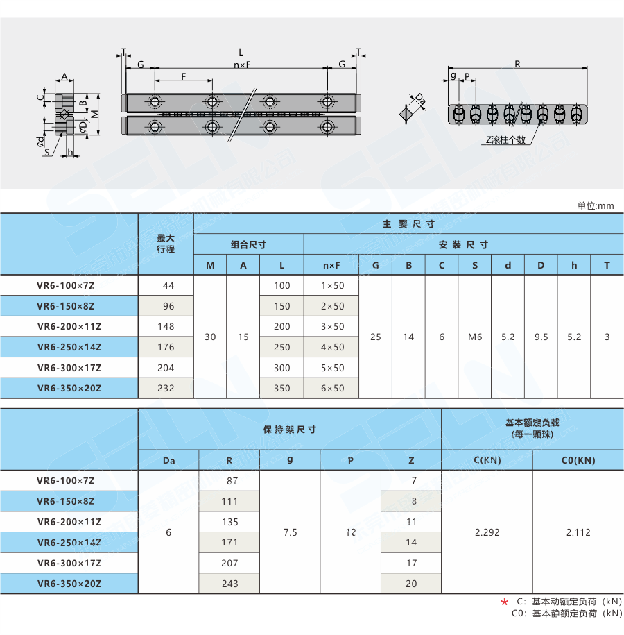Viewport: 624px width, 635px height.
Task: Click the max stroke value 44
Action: pyautogui.click(x=166, y=285)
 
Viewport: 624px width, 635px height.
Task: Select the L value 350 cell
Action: pyautogui.click(x=281, y=388)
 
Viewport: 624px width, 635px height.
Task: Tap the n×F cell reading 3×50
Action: pyautogui.click(x=332, y=326)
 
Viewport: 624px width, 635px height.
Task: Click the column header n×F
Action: pyautogui.click(x=332, y=265)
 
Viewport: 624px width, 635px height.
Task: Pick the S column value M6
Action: pyautogui.click(x=474, y=337)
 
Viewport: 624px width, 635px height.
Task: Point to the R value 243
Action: pyautogui.click(x=229, y=584)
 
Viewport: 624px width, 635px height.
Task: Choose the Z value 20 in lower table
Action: pyautogui.click(x=411, y=584)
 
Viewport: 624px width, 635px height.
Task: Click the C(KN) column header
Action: pyautogui.click(x=487, y=459)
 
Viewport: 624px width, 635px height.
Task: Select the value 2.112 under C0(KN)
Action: pyautogui.click(x=578, y=532)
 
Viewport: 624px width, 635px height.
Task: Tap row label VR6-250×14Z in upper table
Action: pyautogui.click(x=69, y=347)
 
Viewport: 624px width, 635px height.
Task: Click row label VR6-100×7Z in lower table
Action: pyautogui.click(x=69, y=480)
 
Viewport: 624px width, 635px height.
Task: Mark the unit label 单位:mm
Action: pyautogui.click(x=596, y=205)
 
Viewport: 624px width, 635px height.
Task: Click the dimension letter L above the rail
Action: pyautogui.click(x=241, y=52)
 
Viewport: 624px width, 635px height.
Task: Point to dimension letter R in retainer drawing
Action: pyautogui.click(x=517, y=64)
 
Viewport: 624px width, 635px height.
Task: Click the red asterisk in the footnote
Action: pyautogui.click(x=504, y=602)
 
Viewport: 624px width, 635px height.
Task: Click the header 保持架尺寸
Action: pyautogui.click(x=290, y=430)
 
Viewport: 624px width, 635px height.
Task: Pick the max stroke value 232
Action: pyautogui.click(x=166, y=388)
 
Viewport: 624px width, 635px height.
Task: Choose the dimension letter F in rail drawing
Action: pyautogui.click(x=183, y=76)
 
